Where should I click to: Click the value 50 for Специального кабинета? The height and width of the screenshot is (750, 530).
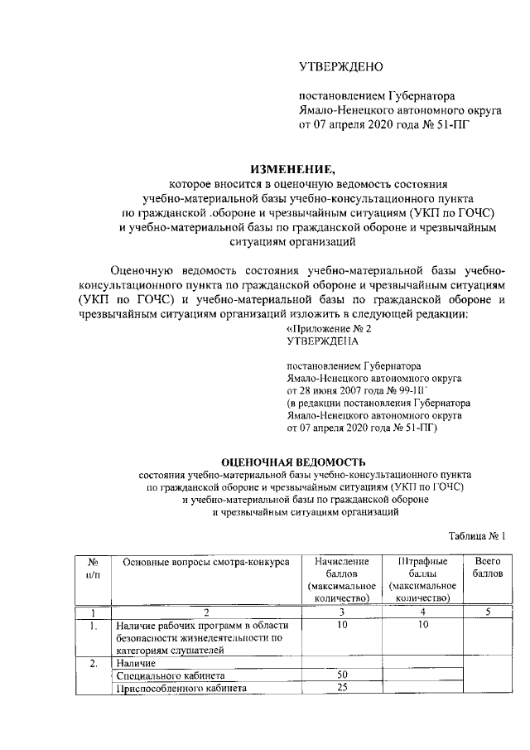[342, 675]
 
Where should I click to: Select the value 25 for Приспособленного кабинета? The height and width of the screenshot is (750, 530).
[342, 688]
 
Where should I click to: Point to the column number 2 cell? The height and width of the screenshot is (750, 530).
[206, 612]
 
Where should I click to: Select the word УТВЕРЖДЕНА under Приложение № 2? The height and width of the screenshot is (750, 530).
[322, 340]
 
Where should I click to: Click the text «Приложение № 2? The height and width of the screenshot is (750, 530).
[323, 328]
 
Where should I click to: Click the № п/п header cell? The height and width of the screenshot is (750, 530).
[94, 568]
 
